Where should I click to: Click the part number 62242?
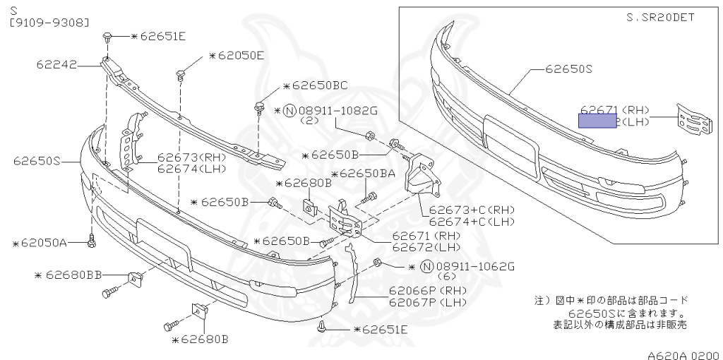point(56,64)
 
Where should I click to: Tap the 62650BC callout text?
point(318,86)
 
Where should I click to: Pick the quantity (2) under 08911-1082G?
point(310,121)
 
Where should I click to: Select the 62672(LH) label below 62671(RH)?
point(426,247)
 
